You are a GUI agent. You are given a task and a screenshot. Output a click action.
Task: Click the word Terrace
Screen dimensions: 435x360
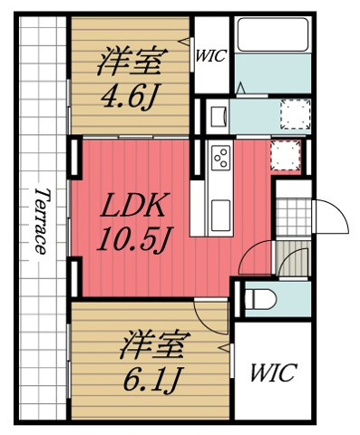pyautogui.click(x=41, y=221)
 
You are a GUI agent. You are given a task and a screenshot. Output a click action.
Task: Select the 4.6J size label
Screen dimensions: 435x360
pyautogui.click(x=130, y=96)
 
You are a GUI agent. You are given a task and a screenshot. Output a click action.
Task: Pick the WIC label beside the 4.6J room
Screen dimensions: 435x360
pyautogui.click(x=210, y=53)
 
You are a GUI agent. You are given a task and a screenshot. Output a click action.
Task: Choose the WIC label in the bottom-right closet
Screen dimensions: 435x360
pyautogui.click(x=272, y=373)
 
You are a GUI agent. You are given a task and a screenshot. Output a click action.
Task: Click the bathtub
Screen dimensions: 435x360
pyautogui.click(x=272, y=45)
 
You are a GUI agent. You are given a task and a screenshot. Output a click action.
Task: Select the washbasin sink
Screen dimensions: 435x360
pyautogui.click(x=218, y=117)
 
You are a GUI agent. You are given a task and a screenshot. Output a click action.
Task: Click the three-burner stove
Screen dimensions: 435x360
pyautogui.click(x=220, y=159)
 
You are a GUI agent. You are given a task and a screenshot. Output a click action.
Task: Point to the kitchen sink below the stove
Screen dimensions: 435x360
pyautogui.click(x=221, y=214)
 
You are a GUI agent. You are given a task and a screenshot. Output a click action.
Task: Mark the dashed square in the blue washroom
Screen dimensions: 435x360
pyautogui.click(x=292, y=115)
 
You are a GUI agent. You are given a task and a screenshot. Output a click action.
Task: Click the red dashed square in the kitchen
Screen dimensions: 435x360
pyautogui.click(x=286, y=155)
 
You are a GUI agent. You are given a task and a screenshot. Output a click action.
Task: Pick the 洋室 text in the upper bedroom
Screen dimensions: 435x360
pyautogui.click(x=131, y=63)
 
